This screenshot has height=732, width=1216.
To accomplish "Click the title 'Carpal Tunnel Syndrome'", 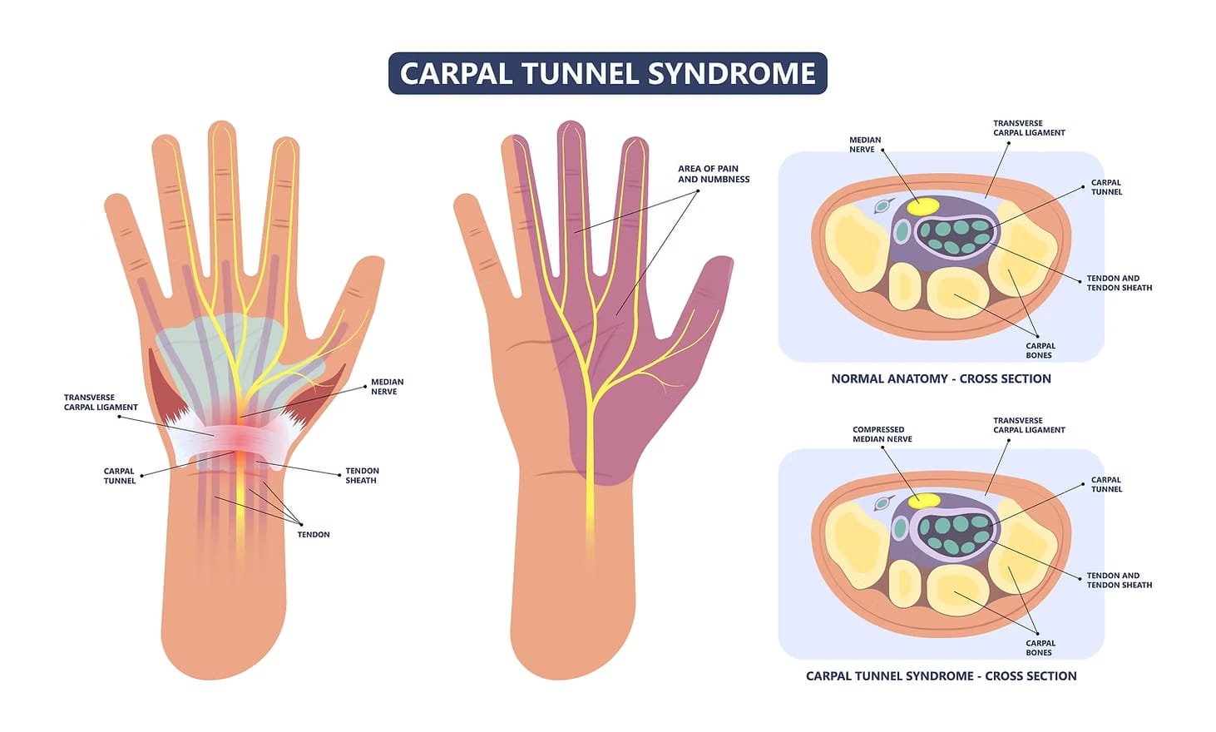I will pos(607,73).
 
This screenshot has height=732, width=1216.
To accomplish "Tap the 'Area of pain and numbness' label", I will pos(713,174).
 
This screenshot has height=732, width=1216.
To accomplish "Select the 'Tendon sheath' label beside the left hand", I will pos(362,476).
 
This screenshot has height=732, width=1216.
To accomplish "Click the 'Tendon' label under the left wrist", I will pos(314,535).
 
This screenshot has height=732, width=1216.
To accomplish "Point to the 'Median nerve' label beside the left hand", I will pos(387,387).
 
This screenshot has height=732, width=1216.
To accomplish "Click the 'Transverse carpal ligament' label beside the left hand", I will pos(101,403).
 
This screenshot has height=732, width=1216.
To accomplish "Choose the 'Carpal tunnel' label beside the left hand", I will pos(119,476).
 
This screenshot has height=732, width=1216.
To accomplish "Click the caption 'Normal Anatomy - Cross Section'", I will pos(941,379).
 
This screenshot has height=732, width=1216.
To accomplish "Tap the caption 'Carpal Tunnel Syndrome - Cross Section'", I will pos(941,676).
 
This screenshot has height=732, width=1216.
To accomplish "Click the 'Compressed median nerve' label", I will pos(882,434).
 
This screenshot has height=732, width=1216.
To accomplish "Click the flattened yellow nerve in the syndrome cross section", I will pos(923,500).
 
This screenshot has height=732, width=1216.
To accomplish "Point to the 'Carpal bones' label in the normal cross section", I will pos(1040,351).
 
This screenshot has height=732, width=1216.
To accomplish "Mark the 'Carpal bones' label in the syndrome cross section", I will pos(1040,648).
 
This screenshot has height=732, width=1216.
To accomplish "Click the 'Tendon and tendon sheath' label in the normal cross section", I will pos(1119,283).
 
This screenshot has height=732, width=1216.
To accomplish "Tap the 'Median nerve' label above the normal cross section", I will pos(864,145).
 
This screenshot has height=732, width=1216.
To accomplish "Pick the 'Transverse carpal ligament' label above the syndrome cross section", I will pos(1028,425).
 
